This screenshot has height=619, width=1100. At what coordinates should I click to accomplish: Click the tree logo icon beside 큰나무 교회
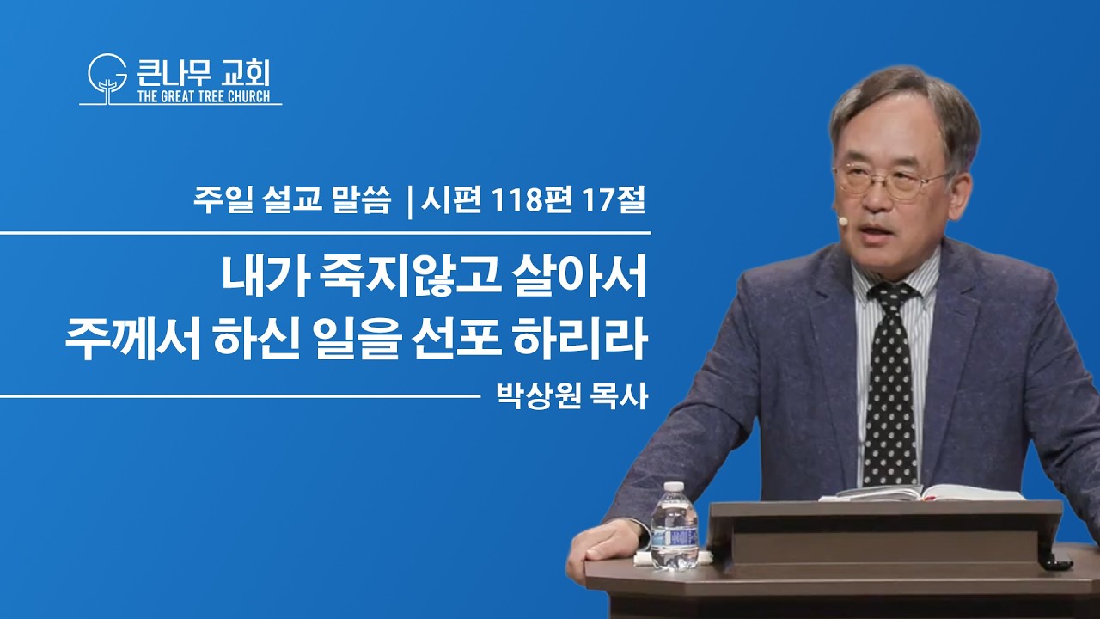tap(107, 78)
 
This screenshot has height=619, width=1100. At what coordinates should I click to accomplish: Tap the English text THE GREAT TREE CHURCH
tap(204, 96)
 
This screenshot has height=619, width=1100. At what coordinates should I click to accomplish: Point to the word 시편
tap(451, 201)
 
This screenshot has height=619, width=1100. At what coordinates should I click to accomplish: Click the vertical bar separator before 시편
tap(410, 202)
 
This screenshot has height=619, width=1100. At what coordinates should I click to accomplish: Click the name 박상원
tap(538, 396)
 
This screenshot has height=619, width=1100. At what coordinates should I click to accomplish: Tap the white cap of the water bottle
tap(674, 487)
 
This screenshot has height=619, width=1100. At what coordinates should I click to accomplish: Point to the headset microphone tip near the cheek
tap(843, 222)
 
